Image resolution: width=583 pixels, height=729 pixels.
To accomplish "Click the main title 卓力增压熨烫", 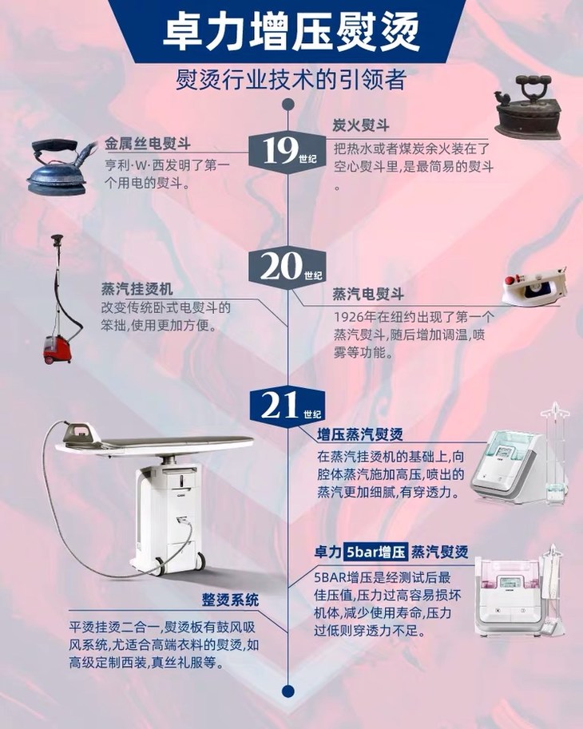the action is (x=291, y=32).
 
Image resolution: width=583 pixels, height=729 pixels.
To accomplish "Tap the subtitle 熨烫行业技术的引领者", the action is (x=291, y=80).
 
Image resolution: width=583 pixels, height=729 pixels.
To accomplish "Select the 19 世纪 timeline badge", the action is (x=288, y=151).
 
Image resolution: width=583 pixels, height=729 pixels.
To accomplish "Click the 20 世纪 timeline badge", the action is (x=288, y=267).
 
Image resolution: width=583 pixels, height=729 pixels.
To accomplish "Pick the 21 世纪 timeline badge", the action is (x=288, y=406).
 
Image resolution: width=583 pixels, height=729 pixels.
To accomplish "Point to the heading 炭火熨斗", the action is (x=361, y=125).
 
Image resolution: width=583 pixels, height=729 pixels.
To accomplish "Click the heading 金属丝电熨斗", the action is (x=148, y=144).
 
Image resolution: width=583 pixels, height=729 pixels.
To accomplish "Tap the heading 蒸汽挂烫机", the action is (x=137, y=289).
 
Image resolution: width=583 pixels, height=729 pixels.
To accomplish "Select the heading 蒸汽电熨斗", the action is (x=367, y=294).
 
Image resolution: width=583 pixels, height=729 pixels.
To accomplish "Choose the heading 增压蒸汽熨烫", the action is (x=360, y=434).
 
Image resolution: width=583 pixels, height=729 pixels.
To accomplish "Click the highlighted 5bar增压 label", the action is (x=375, y=552).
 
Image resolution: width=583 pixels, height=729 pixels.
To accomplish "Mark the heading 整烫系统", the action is (x=231, y=600).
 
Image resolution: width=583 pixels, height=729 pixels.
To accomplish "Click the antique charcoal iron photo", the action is (x=527, y=108).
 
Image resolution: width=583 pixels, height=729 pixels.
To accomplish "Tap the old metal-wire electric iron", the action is (x=61, y=168).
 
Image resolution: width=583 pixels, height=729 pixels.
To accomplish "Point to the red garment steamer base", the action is (x=58, y=350).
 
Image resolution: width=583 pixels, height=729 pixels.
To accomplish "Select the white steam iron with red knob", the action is (x=534, y=284).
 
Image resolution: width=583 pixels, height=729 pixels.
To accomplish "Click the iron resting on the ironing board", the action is (x=81, y=433).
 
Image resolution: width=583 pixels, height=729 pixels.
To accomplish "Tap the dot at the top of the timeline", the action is (x=288, y=104).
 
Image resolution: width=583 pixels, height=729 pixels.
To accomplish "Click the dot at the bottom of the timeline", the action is (x=288, y=691).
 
